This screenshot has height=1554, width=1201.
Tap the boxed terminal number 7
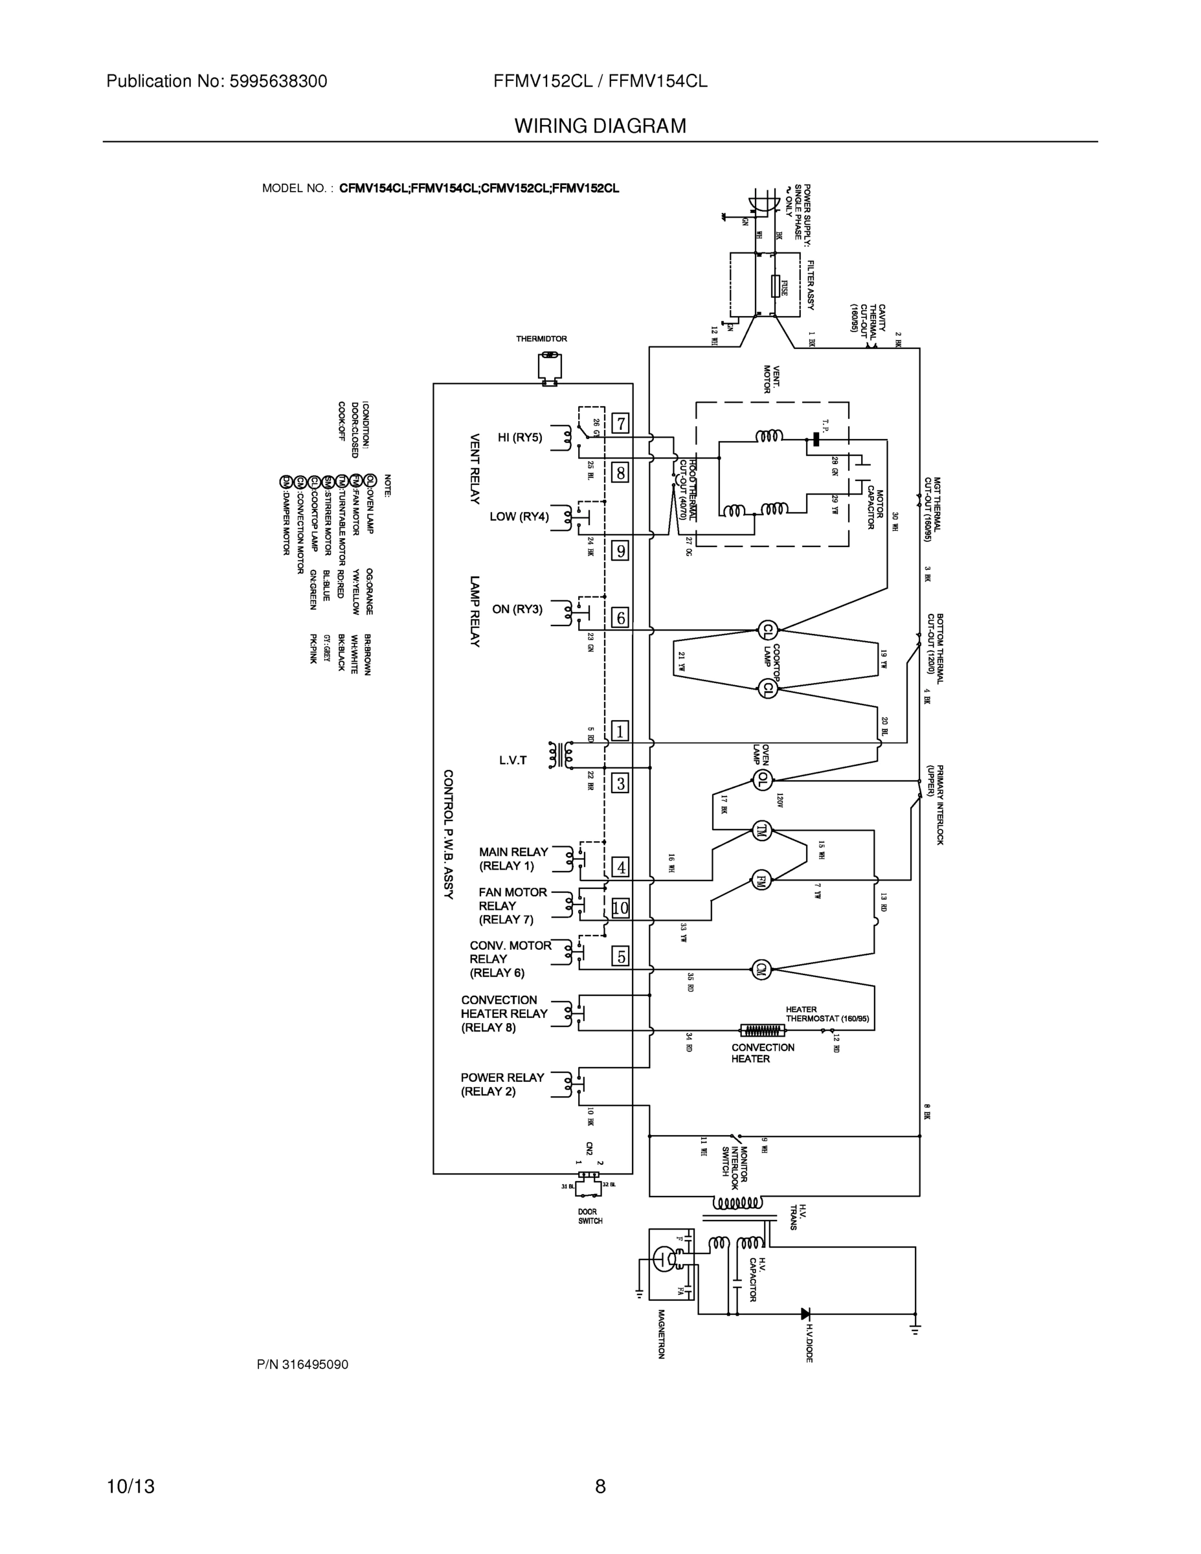(x=620, y=424)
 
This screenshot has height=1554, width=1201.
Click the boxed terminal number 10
(x=620, y=908)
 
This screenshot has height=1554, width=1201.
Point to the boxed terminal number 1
(x=620, y=731)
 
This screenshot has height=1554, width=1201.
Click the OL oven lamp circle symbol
(x=763, y=780)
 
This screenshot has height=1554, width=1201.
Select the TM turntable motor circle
(x=762, y=830)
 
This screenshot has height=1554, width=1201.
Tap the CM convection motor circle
(x=761, y=969)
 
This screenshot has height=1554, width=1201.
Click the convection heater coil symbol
(x=762, y=1030)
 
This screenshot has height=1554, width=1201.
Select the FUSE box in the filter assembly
(x=776, y=287)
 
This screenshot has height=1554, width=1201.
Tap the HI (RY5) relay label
(x=519, y=438)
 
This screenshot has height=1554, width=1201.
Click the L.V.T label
(x=513, y=761)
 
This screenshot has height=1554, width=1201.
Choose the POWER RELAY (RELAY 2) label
(x=502, y=1084)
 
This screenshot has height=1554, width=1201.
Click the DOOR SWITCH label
(x=590, y=1216)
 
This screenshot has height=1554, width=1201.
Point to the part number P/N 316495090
(x=302, y=1365)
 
